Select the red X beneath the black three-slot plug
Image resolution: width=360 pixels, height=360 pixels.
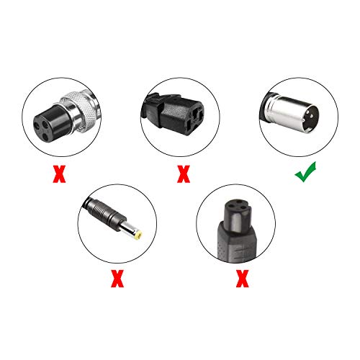click(x=184, y=174)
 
